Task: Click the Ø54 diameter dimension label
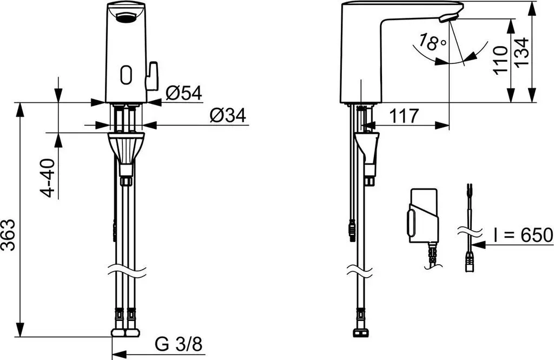tap(183, 93)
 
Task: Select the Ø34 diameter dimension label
tap(228, 115)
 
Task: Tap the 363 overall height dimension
tap(8, 235)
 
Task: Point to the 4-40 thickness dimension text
tap(48, 178)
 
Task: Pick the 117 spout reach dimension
tap(404, 115)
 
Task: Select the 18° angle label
tap(432, 42)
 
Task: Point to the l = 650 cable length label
tap(523, 235)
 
